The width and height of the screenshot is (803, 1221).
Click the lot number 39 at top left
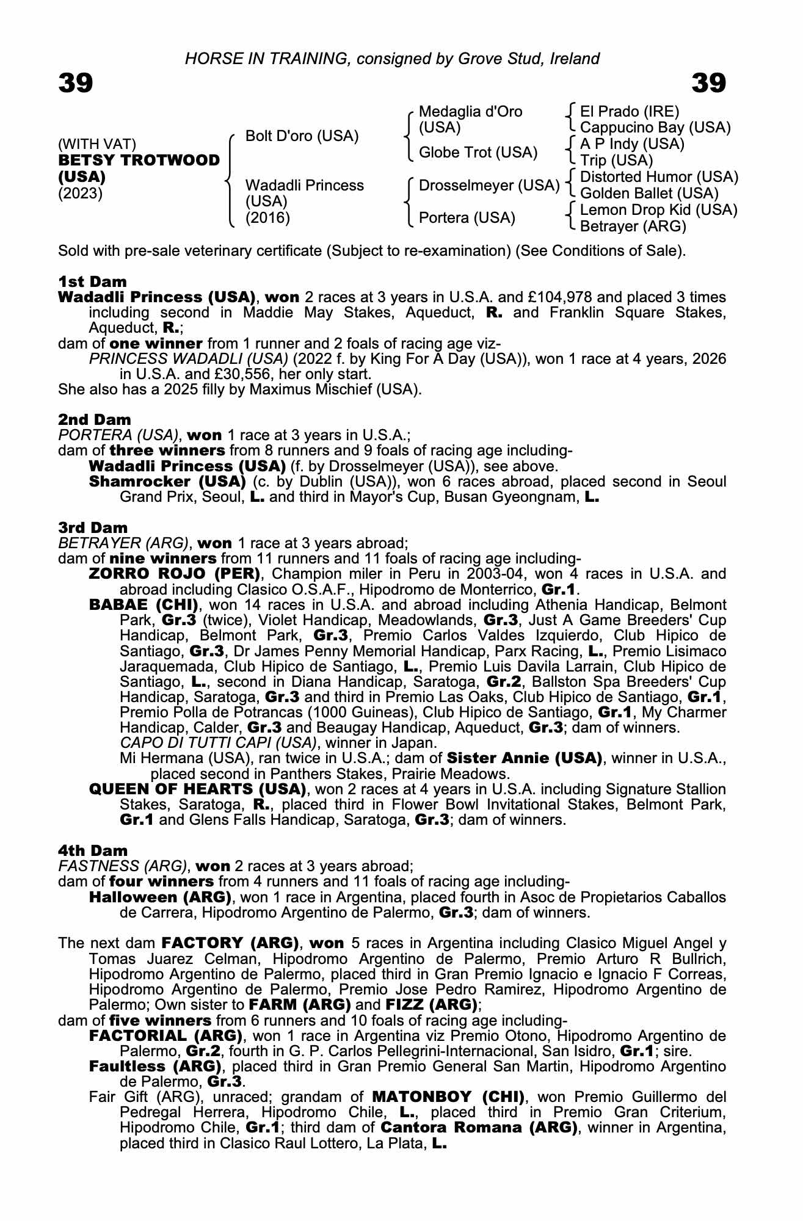pyautogui.click(x=76, y=83)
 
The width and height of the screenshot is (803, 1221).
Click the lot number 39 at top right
pyautogui.click(x=709, y=83)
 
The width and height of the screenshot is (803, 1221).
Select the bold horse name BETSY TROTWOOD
pyautogui.click(x=139, y=161)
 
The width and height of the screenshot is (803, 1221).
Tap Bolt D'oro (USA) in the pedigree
pyautogui.click(x=302, y=136)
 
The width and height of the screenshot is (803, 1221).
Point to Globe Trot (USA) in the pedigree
pyautogui.click(x=478, y=153)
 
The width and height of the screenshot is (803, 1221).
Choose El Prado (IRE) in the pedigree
pyautogui.click(x=629, y=112)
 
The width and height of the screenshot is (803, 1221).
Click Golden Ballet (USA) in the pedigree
pyautogui.click(x=649, y=194)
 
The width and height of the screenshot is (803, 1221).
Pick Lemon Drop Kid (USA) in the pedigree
pyautogui.click(x=658, y=210)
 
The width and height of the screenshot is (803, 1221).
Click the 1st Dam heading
pyautogui.click(x=93, y=281)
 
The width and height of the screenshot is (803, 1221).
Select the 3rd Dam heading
pyautogui.click(x=93, y=527)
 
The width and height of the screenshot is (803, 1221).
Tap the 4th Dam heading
pyautogui.click(x=93, y=850)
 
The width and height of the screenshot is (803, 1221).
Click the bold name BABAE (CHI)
pyautogui.click(x=144, y=605)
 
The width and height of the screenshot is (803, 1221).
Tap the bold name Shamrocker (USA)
pyautogui.click(x=167, y=482)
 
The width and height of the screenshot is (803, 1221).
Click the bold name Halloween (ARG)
pyautogui.click(x=160, y=897)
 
